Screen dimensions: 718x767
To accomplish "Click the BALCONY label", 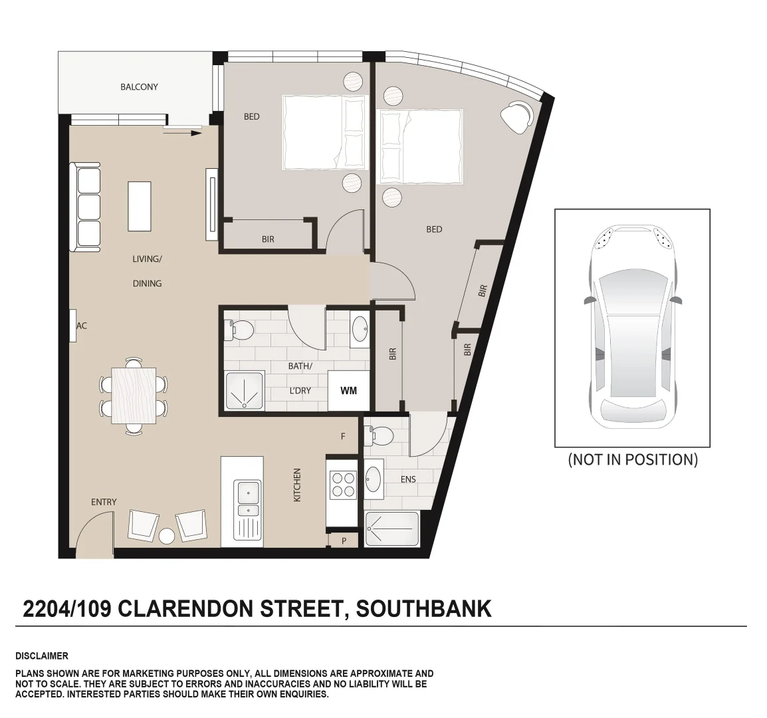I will pos(139,87).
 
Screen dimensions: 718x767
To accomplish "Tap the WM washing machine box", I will pos(348,390).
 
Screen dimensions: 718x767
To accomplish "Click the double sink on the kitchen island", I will pos(248,500).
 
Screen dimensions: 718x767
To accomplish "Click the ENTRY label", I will pos(104,502).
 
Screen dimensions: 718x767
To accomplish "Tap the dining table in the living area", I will pos(134,396).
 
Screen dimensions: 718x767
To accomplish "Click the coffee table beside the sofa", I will pos(139,205).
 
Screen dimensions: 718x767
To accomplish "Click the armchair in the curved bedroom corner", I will pos(516,116).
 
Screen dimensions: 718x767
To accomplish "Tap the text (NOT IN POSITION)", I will pos(632,459).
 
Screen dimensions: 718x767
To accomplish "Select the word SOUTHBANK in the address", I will pos(424,608).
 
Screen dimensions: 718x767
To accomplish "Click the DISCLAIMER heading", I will pos(41,656).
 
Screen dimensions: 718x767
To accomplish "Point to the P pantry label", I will pos(344,541).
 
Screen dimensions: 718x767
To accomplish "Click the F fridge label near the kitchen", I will pos(343,437).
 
